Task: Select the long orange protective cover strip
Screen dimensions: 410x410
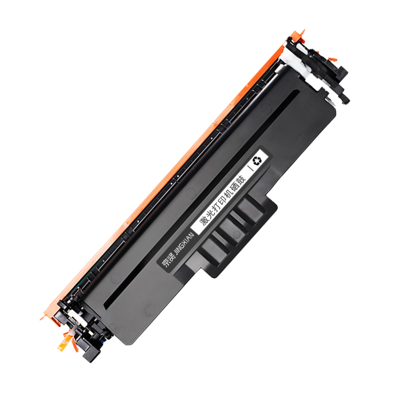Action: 169,169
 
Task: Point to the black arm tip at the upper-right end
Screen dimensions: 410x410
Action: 344,97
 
